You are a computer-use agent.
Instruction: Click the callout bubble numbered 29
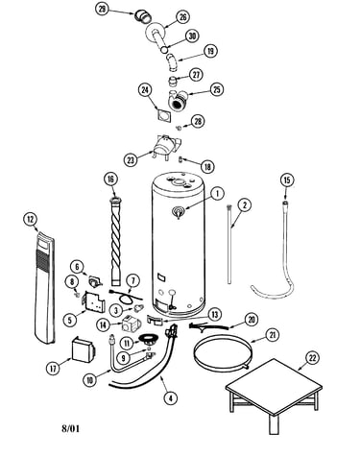point(102,10)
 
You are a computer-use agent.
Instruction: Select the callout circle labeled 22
point(312,358)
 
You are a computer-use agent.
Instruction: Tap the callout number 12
point(30,219)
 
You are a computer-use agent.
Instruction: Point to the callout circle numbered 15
point(287,180)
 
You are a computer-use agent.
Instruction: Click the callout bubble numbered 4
point(171,398)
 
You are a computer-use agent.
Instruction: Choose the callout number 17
point(53,369)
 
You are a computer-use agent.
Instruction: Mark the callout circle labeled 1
point(217,194)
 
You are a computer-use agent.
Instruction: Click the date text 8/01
point(70,428)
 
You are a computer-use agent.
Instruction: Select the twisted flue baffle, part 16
point(117,242)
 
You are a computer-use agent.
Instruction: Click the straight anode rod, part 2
point(229,245)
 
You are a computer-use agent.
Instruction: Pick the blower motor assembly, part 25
point(177,100)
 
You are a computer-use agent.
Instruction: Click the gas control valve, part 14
point(130,324)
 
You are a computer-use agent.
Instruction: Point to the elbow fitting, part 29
point(143,16)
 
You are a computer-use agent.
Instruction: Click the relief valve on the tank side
point(178,212)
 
